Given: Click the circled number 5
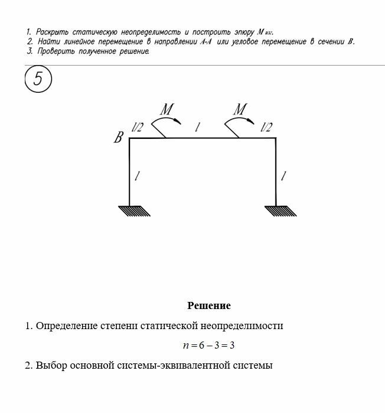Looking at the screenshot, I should [38, 80].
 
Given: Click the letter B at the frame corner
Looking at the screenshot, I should [119, 138].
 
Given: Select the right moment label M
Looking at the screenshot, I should [240, 109].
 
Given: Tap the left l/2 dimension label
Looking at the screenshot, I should [138, 127].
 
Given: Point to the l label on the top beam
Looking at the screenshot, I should [198, 127].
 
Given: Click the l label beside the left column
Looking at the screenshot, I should [138, 175].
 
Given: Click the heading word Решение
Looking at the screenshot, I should [209, 305].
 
